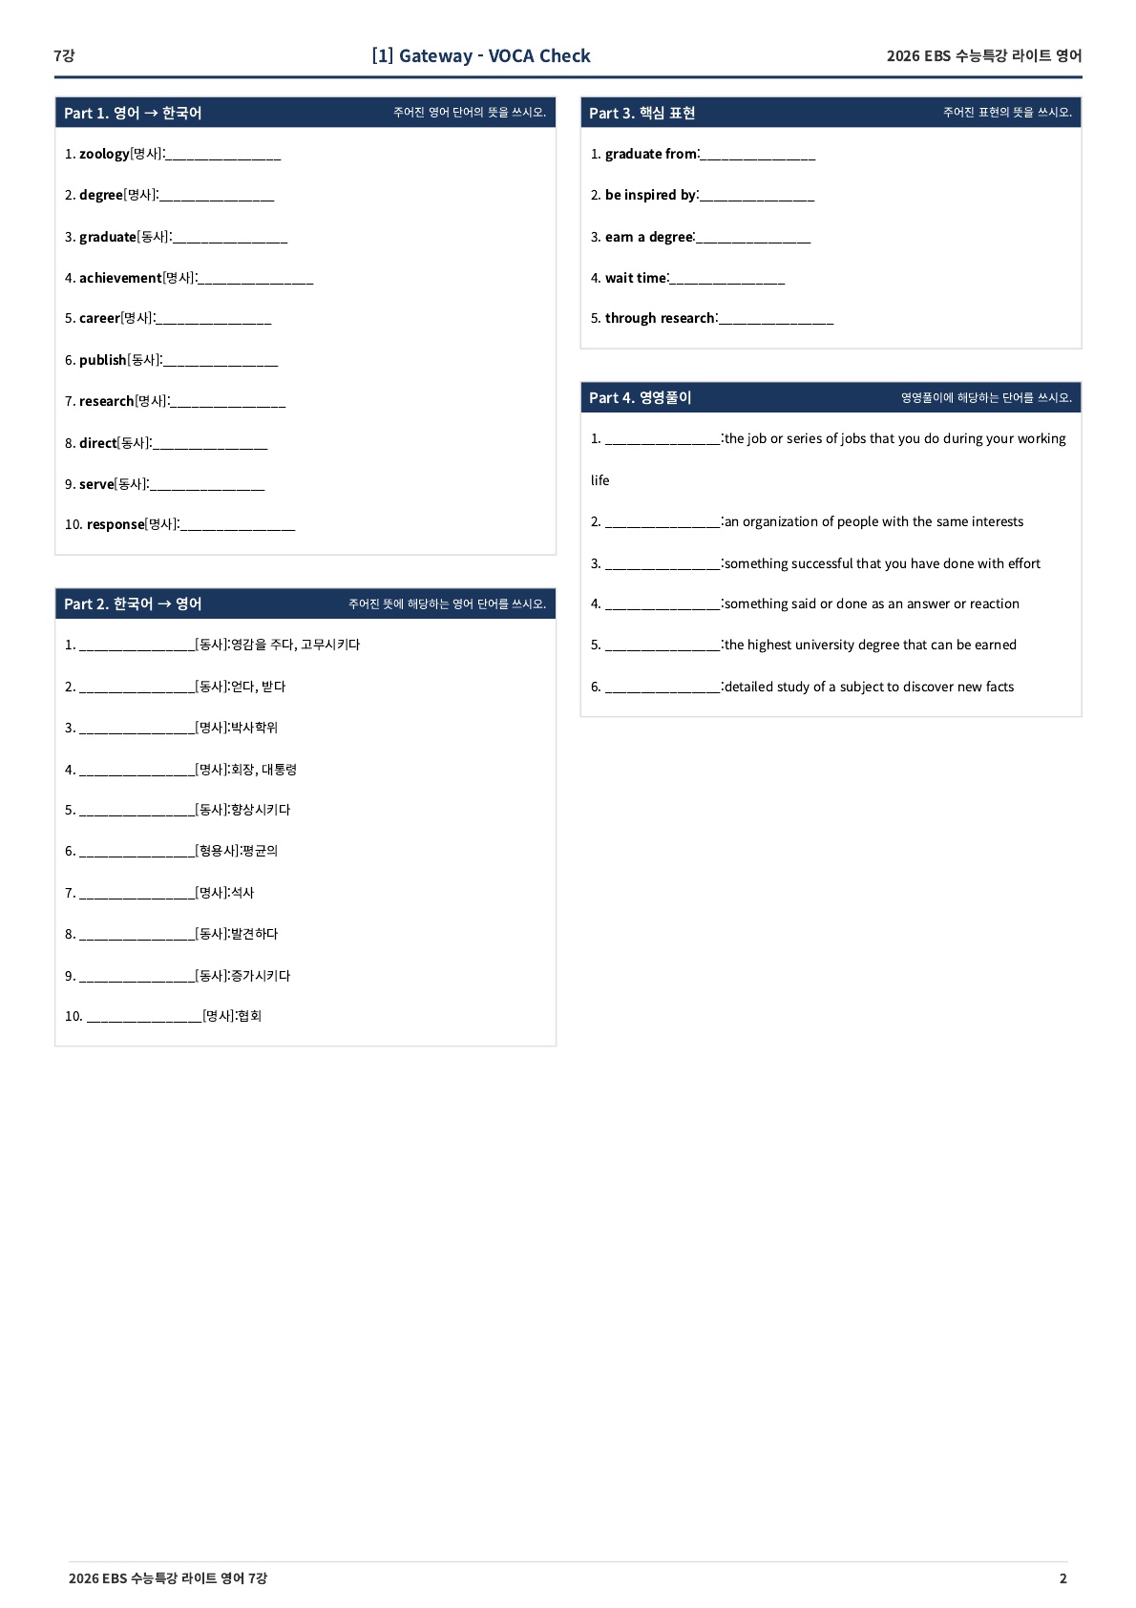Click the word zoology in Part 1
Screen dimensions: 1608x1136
click(x=104, y=154)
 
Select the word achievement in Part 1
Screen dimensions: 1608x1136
click(x=120, y=278)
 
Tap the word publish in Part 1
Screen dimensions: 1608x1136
click(x=103, y=360)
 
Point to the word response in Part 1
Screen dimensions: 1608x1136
click(x=116, y=524)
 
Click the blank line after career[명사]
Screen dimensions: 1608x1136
click(x=214, y=320)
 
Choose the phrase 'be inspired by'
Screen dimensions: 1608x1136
click(x=650, y=195)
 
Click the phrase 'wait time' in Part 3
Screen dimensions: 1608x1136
click(x=636, y=278)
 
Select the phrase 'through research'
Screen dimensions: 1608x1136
click(x=660, y=318)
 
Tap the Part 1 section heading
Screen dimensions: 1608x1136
click(x=133, y=113)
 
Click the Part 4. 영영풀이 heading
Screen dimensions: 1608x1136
click(x=641, y=397)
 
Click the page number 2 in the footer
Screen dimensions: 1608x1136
click(x=1062, y=1578)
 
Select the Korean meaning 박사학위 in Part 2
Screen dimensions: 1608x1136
click(x=255, y=728)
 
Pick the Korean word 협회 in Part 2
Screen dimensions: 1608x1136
click(x=250, y=1016)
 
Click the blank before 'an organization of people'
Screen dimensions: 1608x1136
click(x=663, y=523)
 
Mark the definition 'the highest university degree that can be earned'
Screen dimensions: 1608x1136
click(x=870, y=645)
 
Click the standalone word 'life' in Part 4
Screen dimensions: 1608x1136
click(x=600, y=480)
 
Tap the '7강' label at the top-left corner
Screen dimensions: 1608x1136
click(x=64, y=55)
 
